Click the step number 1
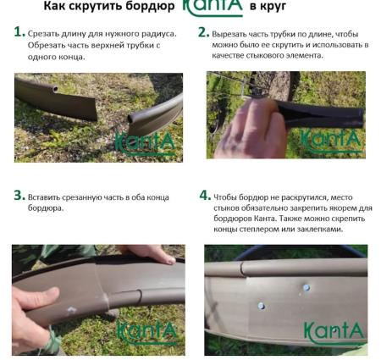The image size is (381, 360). pyautogui.click(x=19, y=32)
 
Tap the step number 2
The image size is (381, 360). pyautogui.click(x=203, y=32)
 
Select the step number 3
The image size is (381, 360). pyautogui.click(x=19, y=195)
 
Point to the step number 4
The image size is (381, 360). pyautogui.click(x=205, y=195)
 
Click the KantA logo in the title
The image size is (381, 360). pyautogui.click(x=213, y=7)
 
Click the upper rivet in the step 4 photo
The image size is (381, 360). pyautogui.click(x=306, y=288)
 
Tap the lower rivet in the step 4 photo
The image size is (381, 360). pyautogui.click(x=261, y=306)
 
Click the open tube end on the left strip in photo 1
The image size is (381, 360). pyautogui.click(x=54, y=89)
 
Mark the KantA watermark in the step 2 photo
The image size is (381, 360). pyautogui.click(x=331, y=141)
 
